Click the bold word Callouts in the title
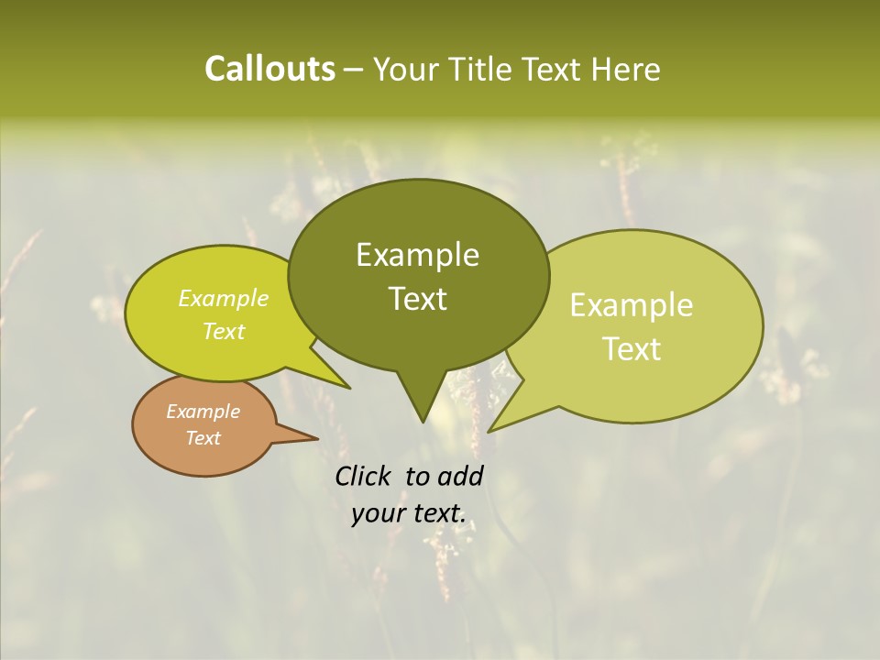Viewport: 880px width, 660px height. click(269, 70)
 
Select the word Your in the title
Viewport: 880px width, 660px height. click(407, 70)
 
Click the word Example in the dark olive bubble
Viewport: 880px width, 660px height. click(417, 255)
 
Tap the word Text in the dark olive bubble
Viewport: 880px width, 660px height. click(417, 299)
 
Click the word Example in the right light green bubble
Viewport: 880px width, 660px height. click(632, 305)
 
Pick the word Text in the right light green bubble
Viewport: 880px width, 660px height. click(632, 349)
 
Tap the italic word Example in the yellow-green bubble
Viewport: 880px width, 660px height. click(223, 299)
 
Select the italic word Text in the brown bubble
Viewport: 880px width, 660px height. click(203, 438)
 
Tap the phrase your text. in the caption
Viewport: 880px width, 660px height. click(408, 514)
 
